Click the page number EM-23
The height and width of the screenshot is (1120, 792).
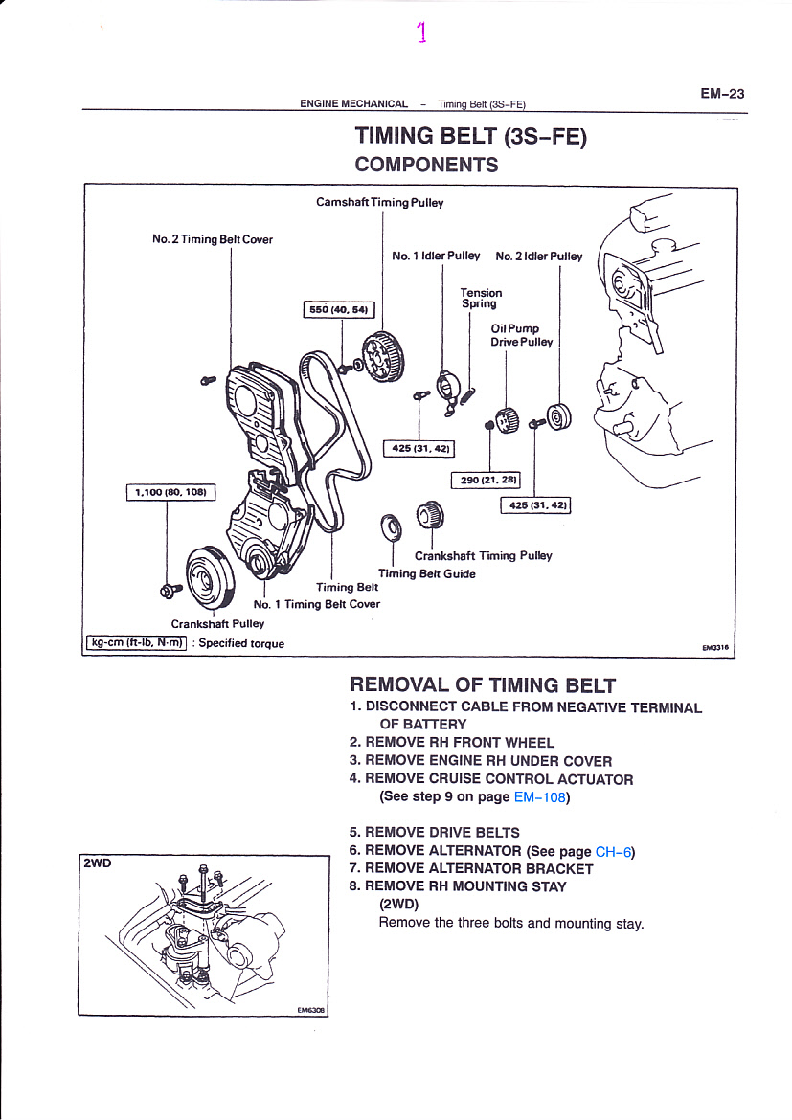[722, 94]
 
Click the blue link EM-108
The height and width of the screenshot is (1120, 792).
[540, 797]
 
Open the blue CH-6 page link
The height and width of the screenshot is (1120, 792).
[613, 851]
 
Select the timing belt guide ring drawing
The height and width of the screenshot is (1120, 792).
[391, 528]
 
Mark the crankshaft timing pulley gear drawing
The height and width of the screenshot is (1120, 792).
[430, 514]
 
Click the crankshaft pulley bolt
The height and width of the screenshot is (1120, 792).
[170, 590]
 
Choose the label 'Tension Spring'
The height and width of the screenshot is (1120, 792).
[481, 298]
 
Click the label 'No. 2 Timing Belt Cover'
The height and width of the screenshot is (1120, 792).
[213, 239]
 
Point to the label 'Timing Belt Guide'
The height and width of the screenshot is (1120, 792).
[427, 573]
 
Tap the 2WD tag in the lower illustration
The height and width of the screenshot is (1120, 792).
[98, 862]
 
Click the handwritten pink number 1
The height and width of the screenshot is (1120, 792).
[421, 33]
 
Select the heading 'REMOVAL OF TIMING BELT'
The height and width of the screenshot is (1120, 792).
[483, 685]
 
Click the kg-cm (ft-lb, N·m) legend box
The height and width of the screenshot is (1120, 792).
[137, 643]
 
